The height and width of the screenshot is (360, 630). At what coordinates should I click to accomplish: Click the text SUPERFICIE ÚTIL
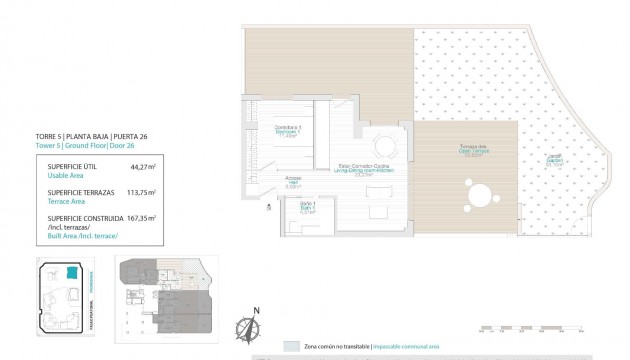click(x=63, y=166)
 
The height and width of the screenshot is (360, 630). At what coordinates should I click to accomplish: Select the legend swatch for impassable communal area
click(x=290, y=346)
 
